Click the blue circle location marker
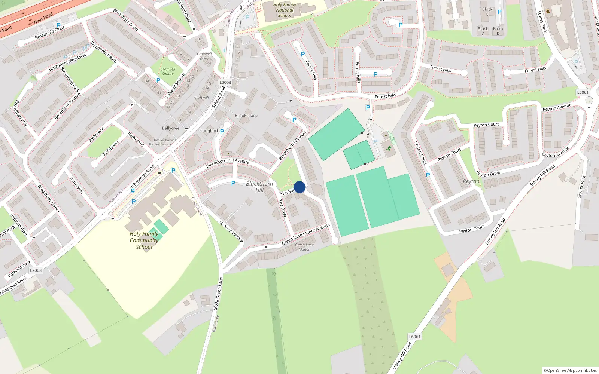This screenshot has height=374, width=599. (x=299, y=187)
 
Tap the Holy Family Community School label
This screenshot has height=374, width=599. (x=144, y=240)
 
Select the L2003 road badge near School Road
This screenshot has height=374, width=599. (x=225, y=82)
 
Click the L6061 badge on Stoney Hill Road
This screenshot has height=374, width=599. (x=414, y=337)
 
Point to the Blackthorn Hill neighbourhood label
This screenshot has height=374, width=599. (x=259, y=187)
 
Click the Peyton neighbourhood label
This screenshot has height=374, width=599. (x=471, y=181)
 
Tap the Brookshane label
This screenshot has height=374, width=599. (x=246, y=116)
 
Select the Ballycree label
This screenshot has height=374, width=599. (x=171, y=128)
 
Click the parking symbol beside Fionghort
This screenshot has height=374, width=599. (x=222, y=132)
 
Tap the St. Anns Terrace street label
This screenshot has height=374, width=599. (x=231, y=231)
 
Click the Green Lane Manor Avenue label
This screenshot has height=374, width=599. (x=305, y=234)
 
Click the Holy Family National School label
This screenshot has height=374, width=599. (x=285, y=10)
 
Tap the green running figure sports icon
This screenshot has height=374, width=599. (x=389, y=148)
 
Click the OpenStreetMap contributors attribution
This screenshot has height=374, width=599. (x=570, y=370)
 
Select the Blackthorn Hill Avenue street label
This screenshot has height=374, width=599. (x=228, y=163)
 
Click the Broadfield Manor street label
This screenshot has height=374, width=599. (x=48, y=198)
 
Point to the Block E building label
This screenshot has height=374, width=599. (x=487, y=12)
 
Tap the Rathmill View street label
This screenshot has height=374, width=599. (x=19, y=269)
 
